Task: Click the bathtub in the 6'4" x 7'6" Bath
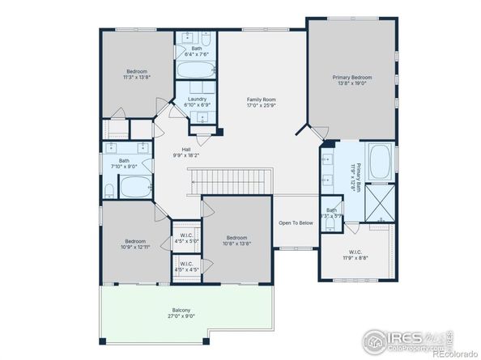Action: coord(197,68)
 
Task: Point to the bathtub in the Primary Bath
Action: coord(381,163)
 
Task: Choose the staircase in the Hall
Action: coord(231,180)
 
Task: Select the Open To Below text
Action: coord(296,222)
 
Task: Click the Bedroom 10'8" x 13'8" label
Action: coord(236,240)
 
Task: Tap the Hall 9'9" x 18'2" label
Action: coord(185,152)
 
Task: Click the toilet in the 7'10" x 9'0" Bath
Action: coord(109,191)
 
